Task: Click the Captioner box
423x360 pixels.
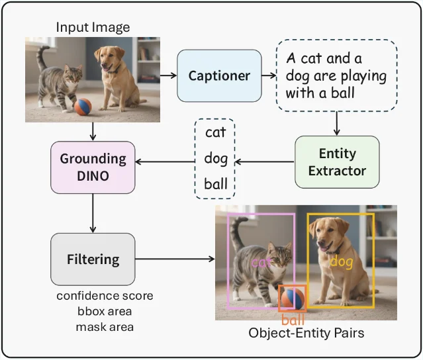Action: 219,76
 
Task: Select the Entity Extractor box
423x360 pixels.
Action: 337,162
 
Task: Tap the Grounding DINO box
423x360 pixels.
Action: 93,167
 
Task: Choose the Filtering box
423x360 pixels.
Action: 93,259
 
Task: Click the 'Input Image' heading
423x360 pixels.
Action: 93,28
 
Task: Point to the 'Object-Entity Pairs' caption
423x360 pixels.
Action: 306,333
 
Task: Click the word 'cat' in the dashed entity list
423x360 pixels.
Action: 215,132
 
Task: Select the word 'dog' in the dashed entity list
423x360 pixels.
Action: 216,159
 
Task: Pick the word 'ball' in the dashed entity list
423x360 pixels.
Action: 216,184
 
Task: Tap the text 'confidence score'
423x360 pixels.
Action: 105,296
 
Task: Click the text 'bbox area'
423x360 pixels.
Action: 105,311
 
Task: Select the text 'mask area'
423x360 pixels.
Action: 105,327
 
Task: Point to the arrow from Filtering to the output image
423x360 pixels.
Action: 175,259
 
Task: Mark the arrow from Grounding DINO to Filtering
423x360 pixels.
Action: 93,213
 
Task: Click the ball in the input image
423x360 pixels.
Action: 83,107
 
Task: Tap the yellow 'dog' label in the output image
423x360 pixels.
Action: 342,262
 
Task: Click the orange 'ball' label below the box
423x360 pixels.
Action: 293,320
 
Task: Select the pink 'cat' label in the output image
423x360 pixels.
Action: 261,262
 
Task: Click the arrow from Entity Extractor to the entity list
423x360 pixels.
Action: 265,162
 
